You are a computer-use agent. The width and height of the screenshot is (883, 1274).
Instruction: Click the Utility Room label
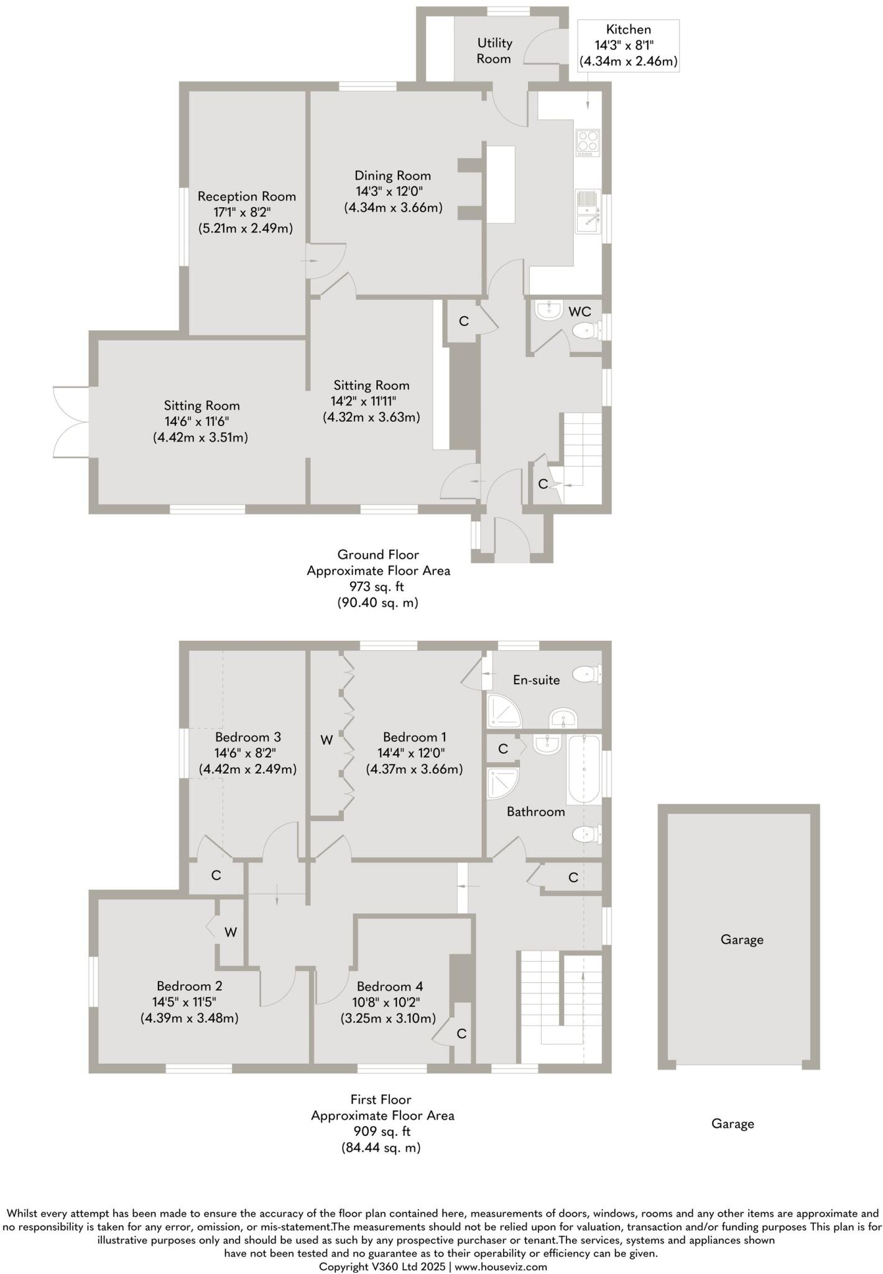494,51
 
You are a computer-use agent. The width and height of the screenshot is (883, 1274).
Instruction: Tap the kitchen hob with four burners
588,142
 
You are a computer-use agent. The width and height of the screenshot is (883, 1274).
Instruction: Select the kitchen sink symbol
588,212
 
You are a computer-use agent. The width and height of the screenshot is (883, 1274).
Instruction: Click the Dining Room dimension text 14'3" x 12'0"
393,192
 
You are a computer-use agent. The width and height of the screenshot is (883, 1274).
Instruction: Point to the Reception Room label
246,197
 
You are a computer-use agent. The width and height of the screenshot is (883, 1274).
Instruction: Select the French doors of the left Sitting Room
70,422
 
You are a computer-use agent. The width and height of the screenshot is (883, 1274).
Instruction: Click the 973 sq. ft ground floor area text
378,586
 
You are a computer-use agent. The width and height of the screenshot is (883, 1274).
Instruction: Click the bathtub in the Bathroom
583,770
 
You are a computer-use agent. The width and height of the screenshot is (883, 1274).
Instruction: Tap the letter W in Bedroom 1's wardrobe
326,740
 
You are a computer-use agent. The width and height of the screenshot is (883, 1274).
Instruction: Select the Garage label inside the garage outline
742,940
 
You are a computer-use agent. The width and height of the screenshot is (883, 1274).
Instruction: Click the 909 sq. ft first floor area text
381,1132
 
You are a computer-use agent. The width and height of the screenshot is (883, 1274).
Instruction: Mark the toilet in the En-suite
586,674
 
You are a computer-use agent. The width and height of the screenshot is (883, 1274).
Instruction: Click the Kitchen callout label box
628,45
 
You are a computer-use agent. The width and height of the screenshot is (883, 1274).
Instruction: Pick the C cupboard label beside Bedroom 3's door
216,876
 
